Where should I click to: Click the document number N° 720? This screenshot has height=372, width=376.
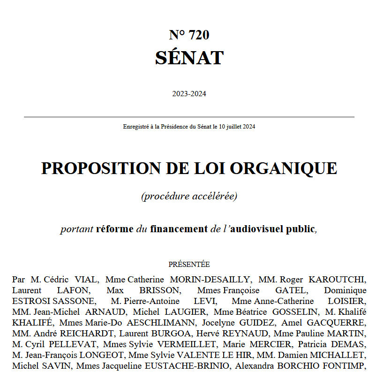coord(189,35)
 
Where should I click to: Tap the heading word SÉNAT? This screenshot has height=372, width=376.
coord(189,58)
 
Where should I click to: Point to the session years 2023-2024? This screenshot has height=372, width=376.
coord(189,94)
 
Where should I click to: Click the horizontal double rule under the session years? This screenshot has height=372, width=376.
coord(189,117)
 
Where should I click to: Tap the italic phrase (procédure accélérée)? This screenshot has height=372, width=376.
coord(189,196)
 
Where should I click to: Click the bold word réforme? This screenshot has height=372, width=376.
coord(114,229)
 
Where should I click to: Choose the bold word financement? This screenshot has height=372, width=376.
coord(179,229)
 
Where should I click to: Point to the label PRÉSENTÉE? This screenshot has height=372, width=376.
coord(189,265)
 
